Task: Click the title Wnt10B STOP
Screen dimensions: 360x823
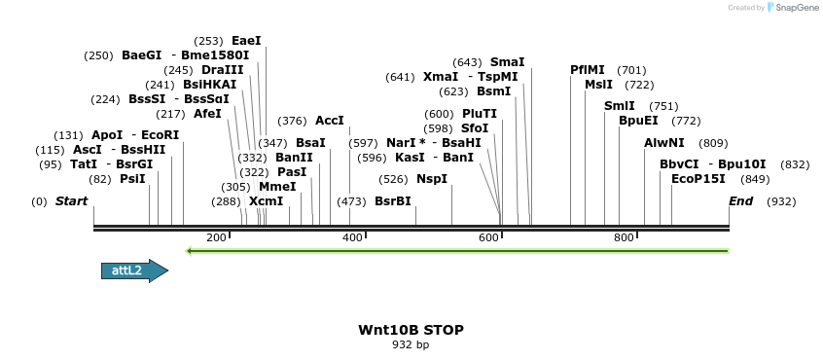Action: coord(411,330)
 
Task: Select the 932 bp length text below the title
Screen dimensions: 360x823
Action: coord(411,344)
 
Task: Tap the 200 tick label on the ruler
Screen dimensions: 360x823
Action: coord(217,237)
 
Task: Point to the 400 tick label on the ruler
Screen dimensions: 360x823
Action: coord(352,237)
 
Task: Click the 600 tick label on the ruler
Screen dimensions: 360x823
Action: coord(488,237)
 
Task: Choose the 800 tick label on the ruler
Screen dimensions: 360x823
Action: coord(624,237)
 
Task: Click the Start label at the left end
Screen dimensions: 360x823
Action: coord(71,201)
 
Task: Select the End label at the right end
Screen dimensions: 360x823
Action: coord(741,201)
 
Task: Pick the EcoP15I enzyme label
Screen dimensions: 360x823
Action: coord(698,179)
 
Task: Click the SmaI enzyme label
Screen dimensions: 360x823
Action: coord(507,62)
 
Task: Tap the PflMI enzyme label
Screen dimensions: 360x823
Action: coord(588,70)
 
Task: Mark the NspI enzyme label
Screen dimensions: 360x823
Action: coord(432,179)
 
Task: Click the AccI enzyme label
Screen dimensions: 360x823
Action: coord(330,121)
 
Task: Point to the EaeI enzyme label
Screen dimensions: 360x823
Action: coord(246,41)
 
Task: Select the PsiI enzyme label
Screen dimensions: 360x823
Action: coord(132,179)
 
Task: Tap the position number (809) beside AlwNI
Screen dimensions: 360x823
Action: coord(713,143)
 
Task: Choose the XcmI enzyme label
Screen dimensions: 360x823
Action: coord(266,201)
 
